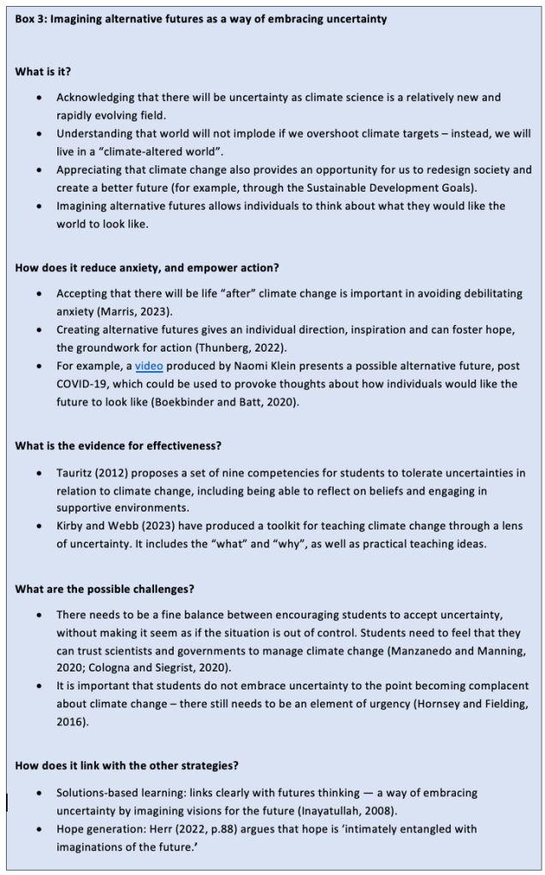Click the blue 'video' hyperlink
[149, 366]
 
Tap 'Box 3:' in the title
[31, 19]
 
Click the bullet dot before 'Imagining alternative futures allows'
[39, 206]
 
